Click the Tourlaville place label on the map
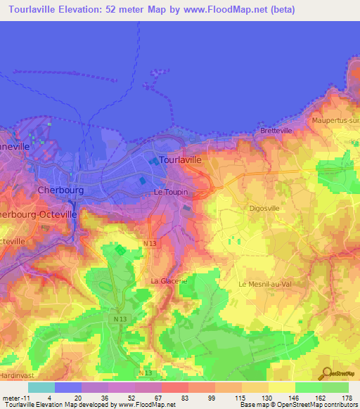tap(181, 160)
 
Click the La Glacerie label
tap(169, 281)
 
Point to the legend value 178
tap(347, 398)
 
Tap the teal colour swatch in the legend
tap(41, 387)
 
